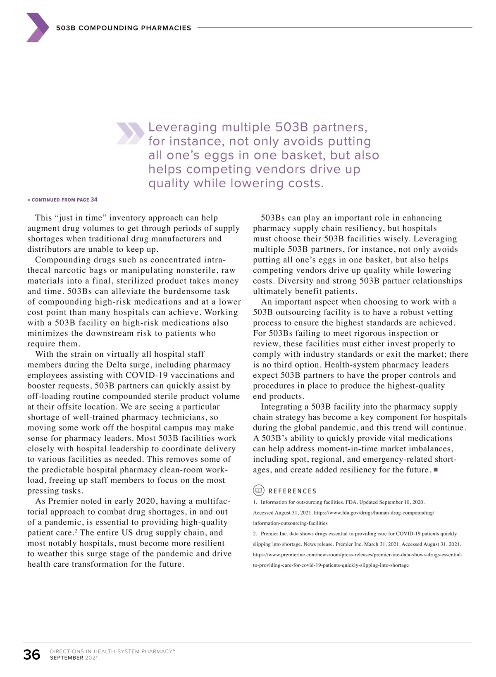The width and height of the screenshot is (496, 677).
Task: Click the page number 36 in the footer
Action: tap(32, 655)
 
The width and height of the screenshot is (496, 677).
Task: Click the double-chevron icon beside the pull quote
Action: tap(130, 133)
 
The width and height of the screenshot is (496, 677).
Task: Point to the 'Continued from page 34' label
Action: tap(62, 200)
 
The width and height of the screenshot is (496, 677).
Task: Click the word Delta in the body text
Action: tap(116, 365)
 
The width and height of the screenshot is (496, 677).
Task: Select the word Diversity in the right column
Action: tap(297, 281)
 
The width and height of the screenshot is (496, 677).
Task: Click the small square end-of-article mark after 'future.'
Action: tap(436, 470)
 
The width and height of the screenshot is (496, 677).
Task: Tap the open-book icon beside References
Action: tap(259, 491)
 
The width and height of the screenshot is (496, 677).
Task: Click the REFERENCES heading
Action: tap(293, 491)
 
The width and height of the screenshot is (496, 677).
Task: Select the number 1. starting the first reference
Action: tap(255, 502)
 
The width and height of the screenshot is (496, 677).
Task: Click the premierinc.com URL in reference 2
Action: tap(358, 555)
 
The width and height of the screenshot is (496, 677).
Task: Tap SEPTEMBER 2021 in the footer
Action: tap(74, 658)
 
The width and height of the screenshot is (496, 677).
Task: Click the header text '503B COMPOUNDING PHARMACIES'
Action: tap(124, 28)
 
